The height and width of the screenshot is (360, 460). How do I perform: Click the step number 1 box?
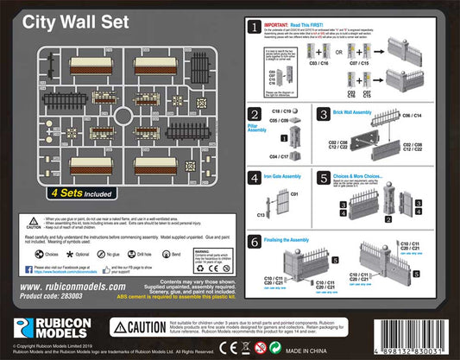coord(255,29)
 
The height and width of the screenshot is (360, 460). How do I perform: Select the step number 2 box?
coord(255,114)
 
